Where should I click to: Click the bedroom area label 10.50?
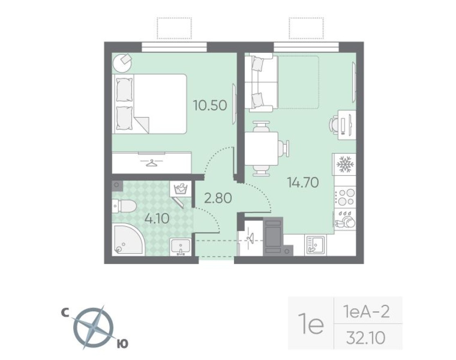pyautogui.click(x=210, y=106)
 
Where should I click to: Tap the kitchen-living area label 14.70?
pyautogui.click(x=303, y=182)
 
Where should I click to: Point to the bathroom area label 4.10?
pyautogui.click(x=156, y=218)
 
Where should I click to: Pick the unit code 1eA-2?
pyautogui.click(x=365, y=313)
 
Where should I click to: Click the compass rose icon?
pyautogui.click(x=94, y=327)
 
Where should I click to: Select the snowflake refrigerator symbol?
pyautogui.click(x=344, y=165)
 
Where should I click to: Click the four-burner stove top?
pyautogui.click(x=345, y=197)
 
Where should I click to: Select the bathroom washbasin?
pyautogui.click(x=180, y=247)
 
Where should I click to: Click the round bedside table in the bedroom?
pyautogui.click(x=122, y=63)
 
